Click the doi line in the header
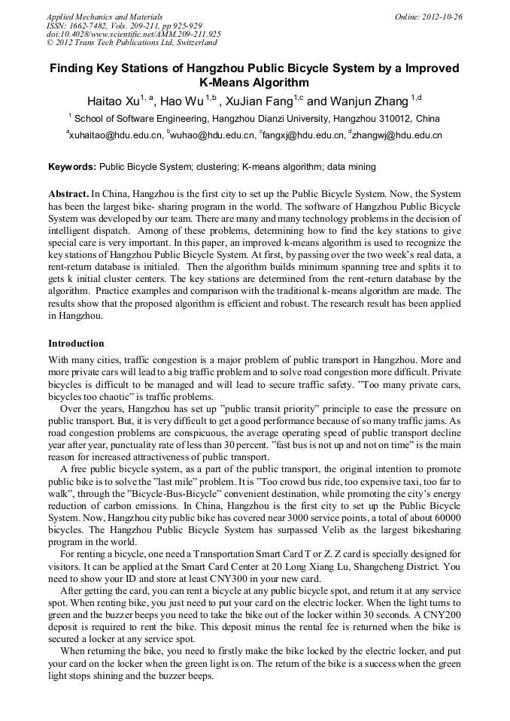[133, 35]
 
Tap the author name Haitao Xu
[113, 101]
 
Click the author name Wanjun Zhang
[369, 101]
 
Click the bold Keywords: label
[72, 167]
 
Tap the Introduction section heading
[76, 343]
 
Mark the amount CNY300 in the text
[266, 578]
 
